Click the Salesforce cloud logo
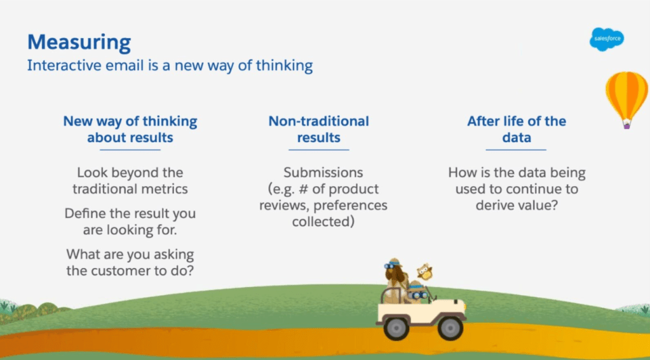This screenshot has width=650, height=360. pos(606,39)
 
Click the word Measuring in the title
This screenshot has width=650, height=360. pos(79,43)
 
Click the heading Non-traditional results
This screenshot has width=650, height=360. pos(318,129)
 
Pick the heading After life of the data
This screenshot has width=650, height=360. pos(517,129)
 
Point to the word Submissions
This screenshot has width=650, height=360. pos(323,172)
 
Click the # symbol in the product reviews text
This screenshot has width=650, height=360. pos(304,189)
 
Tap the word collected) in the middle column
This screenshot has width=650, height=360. pos(323,222)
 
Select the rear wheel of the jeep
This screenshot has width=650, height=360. pos(396,328)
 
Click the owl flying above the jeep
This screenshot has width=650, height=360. pos(424,272)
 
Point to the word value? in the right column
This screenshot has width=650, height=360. pos(538,205)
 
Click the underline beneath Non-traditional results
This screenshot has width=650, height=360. pos(319,150)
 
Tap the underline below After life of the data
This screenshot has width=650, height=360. pos(516,150)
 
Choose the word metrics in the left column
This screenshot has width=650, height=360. pos(165,189)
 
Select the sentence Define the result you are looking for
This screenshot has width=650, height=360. pos(130,222)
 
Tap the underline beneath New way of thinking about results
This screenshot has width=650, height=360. pos(130,150)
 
